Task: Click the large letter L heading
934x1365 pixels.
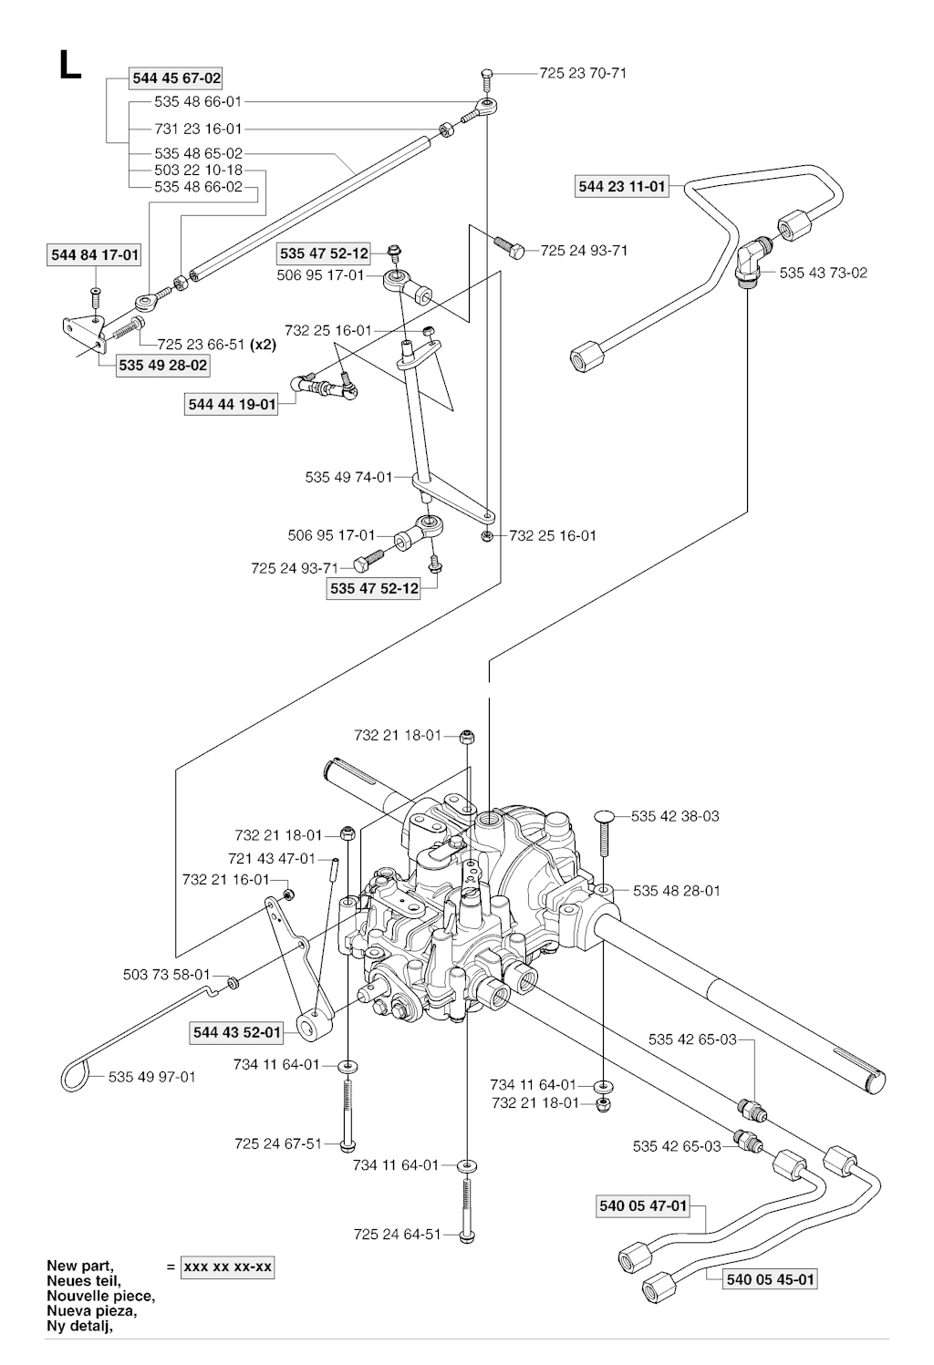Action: [69, 65]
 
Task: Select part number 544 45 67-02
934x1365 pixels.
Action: [177, 78]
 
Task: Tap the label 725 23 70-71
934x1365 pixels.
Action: [583, 73]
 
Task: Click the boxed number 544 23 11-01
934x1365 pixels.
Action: [622, 187]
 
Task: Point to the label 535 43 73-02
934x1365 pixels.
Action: [824, 273]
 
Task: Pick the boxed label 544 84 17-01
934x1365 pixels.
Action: [94, 255]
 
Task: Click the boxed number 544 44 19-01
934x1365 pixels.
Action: [232, 404]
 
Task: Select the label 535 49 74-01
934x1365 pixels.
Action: [348, 477]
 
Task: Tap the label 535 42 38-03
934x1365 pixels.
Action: [675, 816]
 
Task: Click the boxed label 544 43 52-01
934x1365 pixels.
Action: [237, 1032]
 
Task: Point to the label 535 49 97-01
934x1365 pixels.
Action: [151, 1077]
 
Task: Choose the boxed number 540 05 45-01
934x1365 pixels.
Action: [770, 1279]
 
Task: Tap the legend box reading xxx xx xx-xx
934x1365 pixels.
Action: [227, 1267]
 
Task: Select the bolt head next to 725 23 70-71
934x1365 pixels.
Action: [485, 74]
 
